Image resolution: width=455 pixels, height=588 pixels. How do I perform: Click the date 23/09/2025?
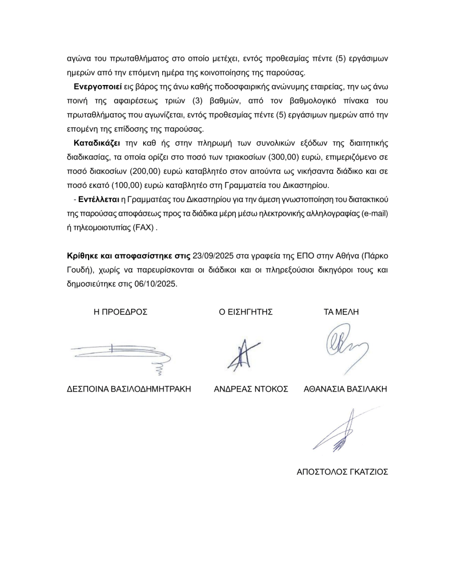click(x=213, y=256)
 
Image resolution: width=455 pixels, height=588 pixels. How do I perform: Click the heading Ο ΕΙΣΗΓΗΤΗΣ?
click(x=242, y=312)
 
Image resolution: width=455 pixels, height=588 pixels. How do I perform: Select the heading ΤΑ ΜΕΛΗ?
click(x=342, y=312)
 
